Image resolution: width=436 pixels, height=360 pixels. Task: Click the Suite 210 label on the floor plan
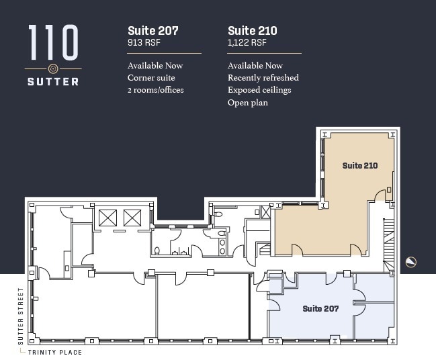[x=360, y=165]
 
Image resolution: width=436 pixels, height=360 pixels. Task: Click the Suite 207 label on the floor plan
[x=320, y=308]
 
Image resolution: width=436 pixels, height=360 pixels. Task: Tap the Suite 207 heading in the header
[x=152, y=30]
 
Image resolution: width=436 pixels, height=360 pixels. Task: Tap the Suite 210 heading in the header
[x=253, y=30]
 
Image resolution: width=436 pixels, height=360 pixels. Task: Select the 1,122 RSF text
[x=247, y=43]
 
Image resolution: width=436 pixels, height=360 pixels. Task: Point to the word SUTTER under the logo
[x=53, y=82]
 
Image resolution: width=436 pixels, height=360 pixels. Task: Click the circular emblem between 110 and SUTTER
[x=53, y=69]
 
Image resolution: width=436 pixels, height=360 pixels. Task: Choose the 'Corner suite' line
[x=151, y=78]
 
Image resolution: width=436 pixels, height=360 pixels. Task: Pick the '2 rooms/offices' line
[x=155, y=90]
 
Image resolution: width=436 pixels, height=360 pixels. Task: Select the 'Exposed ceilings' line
[x=259, y=90]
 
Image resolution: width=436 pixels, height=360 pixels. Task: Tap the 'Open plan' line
[x=247, y=103]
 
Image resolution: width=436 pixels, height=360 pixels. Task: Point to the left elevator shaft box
[x=107, y=218]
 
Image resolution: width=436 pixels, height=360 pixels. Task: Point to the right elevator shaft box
[x=132, y=218]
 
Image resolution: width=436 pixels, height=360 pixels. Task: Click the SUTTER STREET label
[x=21, y=316]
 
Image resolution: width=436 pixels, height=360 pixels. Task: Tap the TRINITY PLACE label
[x=55, y=352]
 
